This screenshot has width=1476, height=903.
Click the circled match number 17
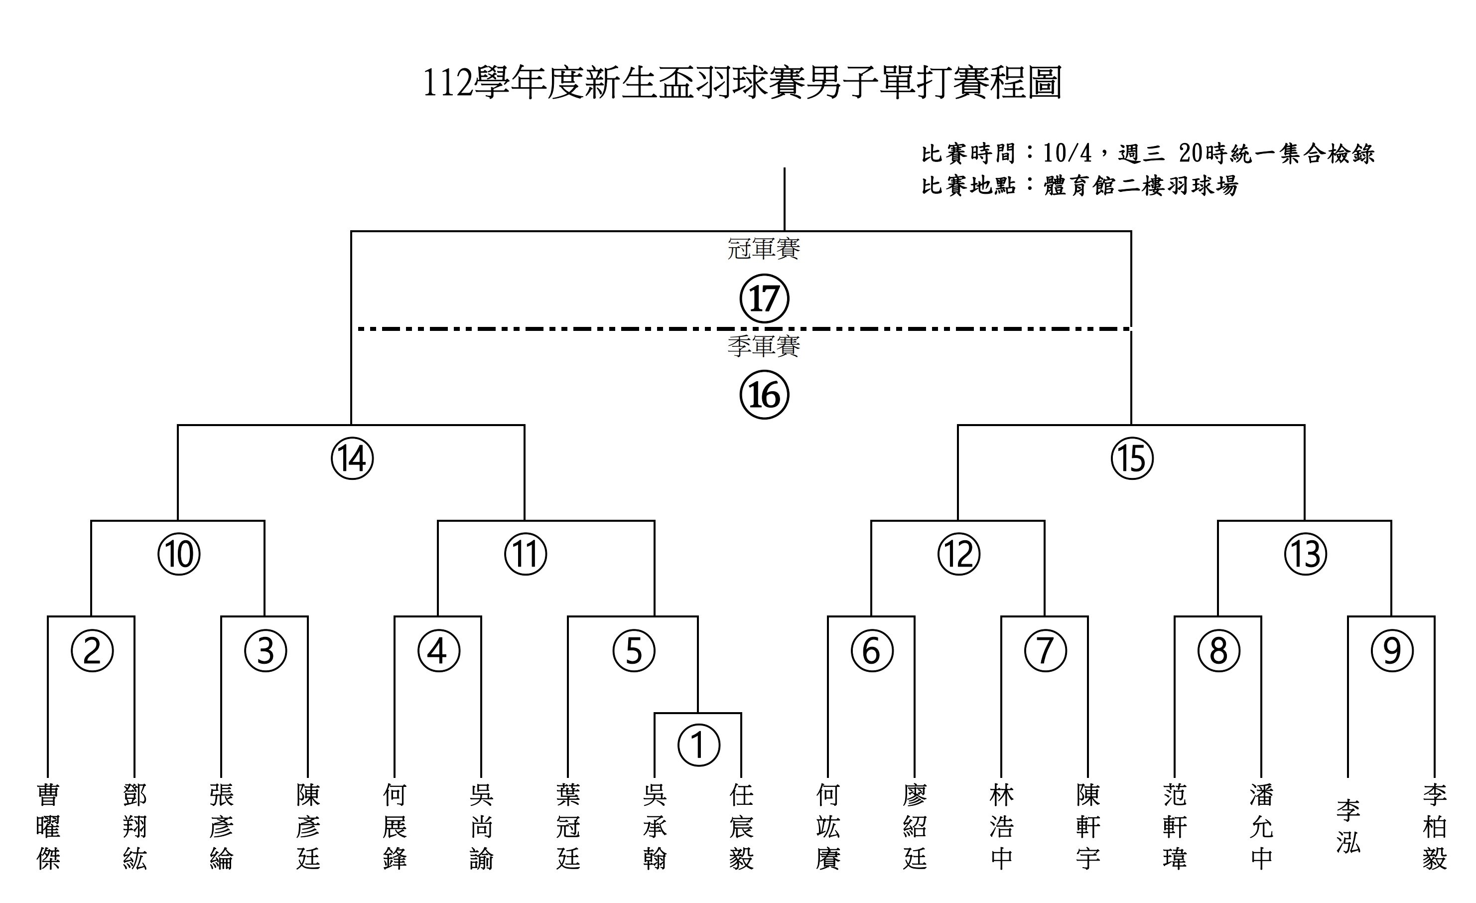tap(764, 299)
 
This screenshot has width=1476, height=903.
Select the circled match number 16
tap(764, 395)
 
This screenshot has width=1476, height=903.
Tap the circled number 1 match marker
tap(698, 746)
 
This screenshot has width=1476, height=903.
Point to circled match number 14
tap(352, 458)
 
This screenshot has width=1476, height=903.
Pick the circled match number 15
tap(1132, 458)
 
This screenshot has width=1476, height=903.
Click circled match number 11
tap(526, 554)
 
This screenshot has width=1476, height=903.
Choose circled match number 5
tap(634, 650)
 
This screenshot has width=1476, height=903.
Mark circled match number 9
tap(1392, 650)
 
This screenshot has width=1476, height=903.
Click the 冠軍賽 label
tap(764, 248)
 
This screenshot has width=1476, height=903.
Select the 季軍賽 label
tap(764, 346)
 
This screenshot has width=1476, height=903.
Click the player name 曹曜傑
tap(48, 827)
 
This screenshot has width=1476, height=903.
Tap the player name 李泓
tap(1348, 826)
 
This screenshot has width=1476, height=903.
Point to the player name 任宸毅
tap(741, 827)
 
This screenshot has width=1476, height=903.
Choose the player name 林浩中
tap(1002, 827)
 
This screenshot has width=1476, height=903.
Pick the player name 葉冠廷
tap(568, 827)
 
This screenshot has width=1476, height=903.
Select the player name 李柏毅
tap(1435, 827)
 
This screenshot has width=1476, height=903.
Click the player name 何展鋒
tap(395, 827)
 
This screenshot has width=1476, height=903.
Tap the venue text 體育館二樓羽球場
tap(1141, 186)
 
